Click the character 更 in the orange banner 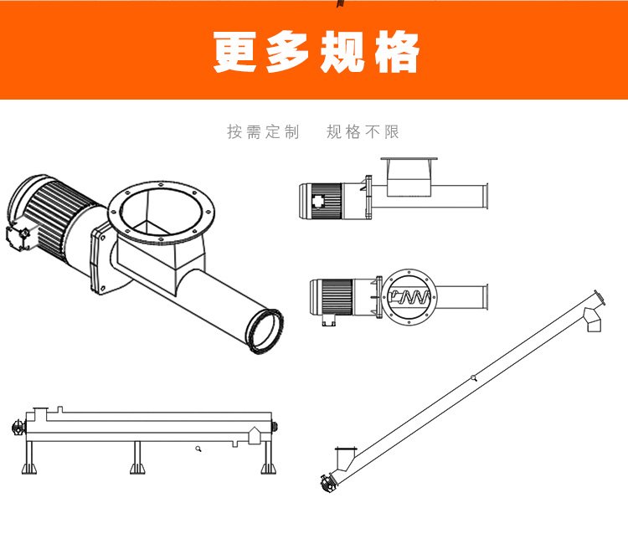[x=235, y=52]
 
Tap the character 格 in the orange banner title [x=397, y=52]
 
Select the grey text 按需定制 [x=263, y=131]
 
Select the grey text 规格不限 [x=363, y=131]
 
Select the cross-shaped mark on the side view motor [x=318, y=201]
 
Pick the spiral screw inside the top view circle [x=410, y=297]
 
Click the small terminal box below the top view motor [x=328, y=320]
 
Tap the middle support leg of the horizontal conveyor [x=137, y=458]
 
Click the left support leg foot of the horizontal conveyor [x=29, y=469]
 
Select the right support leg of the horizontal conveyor [x=268, y=458]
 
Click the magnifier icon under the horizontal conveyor [x=198, y=449]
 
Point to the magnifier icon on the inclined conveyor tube [x=474, y=377]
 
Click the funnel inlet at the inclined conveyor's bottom [x=345, y=459]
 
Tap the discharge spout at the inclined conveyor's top [x=592, y=320]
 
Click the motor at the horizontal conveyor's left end [x=18, y=427]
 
